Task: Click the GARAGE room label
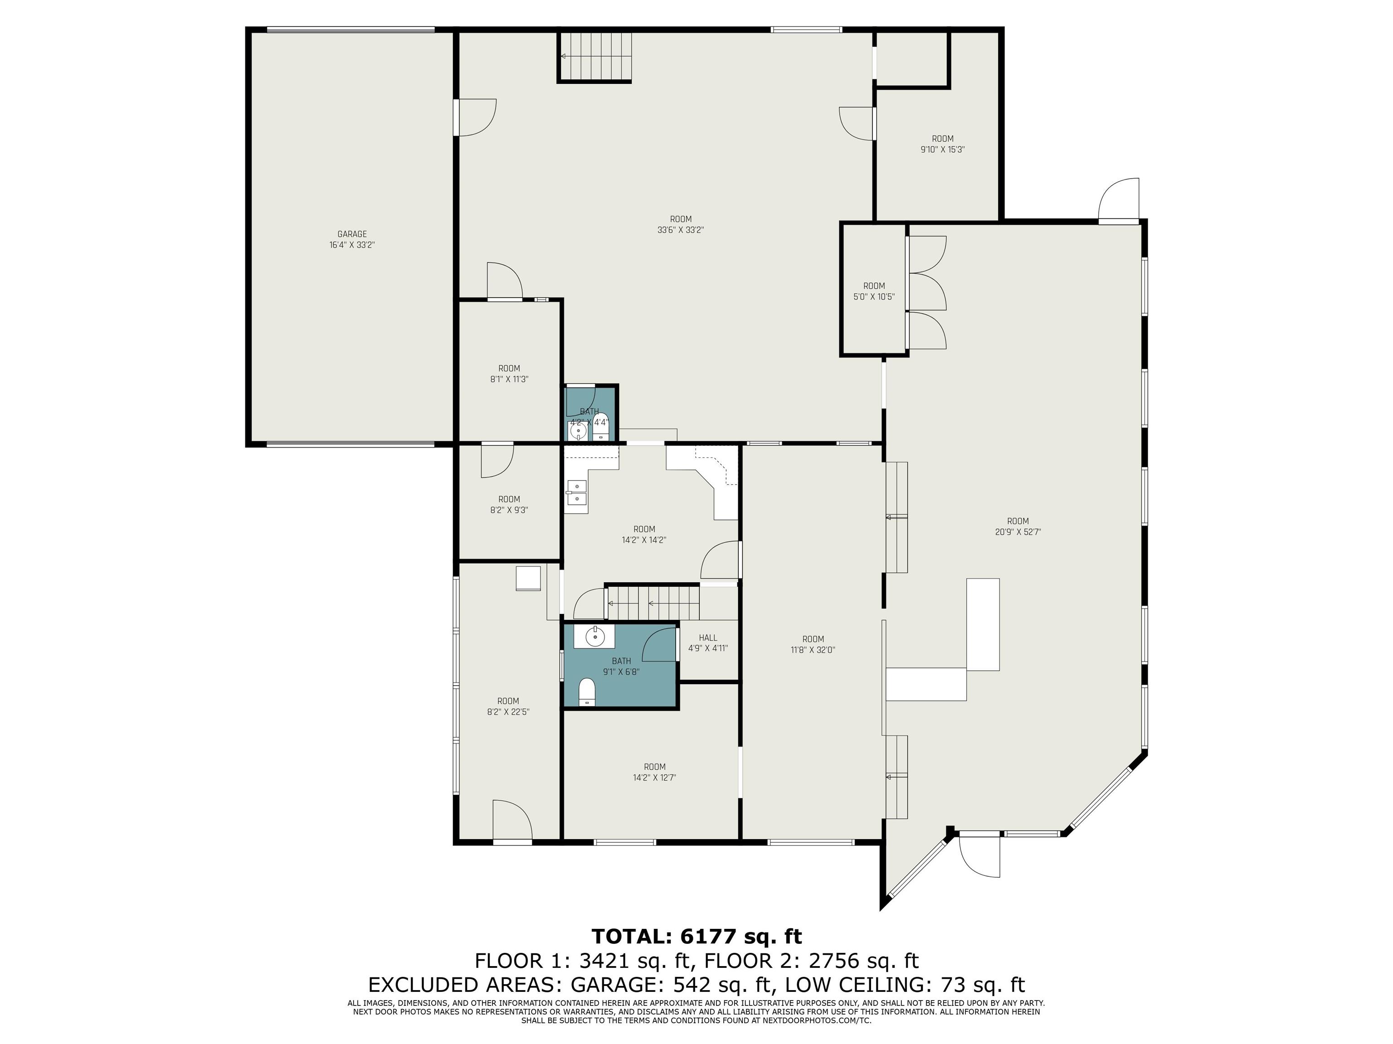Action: [x=351, y=234]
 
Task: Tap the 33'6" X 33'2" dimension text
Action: [x=680, y=230]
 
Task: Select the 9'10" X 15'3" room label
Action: [x=942, y=150]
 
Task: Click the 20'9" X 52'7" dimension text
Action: [x=1018, y=532]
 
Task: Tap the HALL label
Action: [x=708, y=638]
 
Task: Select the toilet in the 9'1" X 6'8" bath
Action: [x=587, y=692]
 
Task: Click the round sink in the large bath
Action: [x=594, y=637]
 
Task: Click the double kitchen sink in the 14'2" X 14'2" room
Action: [x=576, y=493]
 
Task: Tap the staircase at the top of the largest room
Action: [x=595, y=57]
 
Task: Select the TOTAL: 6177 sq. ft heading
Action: [x=696, y=937]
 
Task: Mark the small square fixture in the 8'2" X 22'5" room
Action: [x=528, y=578]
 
